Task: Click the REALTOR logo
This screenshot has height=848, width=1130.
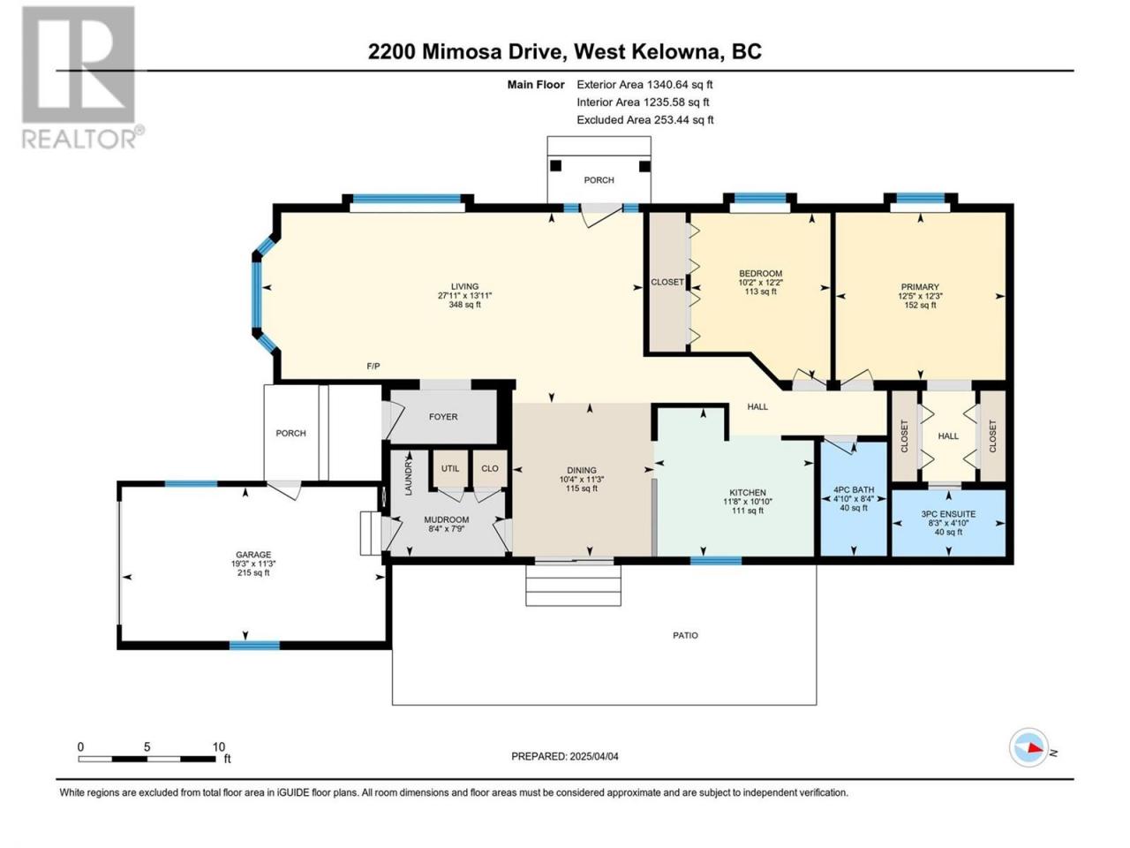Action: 79,77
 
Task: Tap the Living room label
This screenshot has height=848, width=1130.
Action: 464,286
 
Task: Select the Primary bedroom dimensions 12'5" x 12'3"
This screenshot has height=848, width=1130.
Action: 920,296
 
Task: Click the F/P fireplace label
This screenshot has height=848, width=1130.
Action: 373,366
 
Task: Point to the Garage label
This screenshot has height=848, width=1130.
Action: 253,555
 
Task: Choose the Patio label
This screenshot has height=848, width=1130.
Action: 685,635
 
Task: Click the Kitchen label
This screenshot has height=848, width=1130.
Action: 748,493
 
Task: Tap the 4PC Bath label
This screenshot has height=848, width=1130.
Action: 854,489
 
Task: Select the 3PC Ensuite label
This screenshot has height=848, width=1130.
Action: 948,514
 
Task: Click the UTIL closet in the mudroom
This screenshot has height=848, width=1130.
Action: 450,468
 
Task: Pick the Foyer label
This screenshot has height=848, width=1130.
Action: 443,417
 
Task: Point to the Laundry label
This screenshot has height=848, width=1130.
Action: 409,477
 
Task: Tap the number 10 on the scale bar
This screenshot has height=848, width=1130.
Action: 219,746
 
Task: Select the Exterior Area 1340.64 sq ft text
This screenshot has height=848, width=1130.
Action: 644,85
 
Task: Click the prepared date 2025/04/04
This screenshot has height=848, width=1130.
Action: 593,756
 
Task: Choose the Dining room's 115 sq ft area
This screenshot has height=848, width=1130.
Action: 581,488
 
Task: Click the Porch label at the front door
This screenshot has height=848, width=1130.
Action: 599,180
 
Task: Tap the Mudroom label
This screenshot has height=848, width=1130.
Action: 447,519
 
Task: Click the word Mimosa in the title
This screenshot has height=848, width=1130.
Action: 461,51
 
